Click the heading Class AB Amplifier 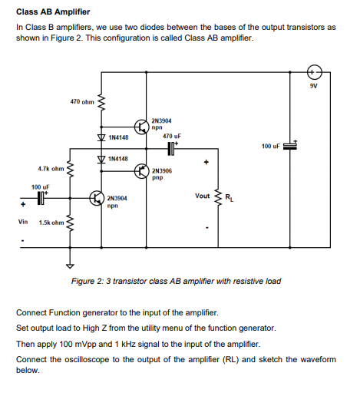pyautogui.click(x=53, y=12)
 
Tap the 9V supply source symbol pyautogui.click(x=313, y=73)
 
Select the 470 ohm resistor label pyautogui.click(x=81, y=101)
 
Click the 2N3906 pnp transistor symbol pyautogui.click(x=140, y=171)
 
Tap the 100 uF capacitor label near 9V pyautogui.click(x=272, y=146)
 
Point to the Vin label pyautogui.click(x=24, y=223)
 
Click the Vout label pyautogui.click(x=203, y=196)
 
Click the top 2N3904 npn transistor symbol pyautogui.click(x=140, y=127)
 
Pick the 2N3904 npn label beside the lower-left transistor pyautogui.click(x=117, y=201)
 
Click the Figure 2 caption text pyautogui.click(x=176, y=281)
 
